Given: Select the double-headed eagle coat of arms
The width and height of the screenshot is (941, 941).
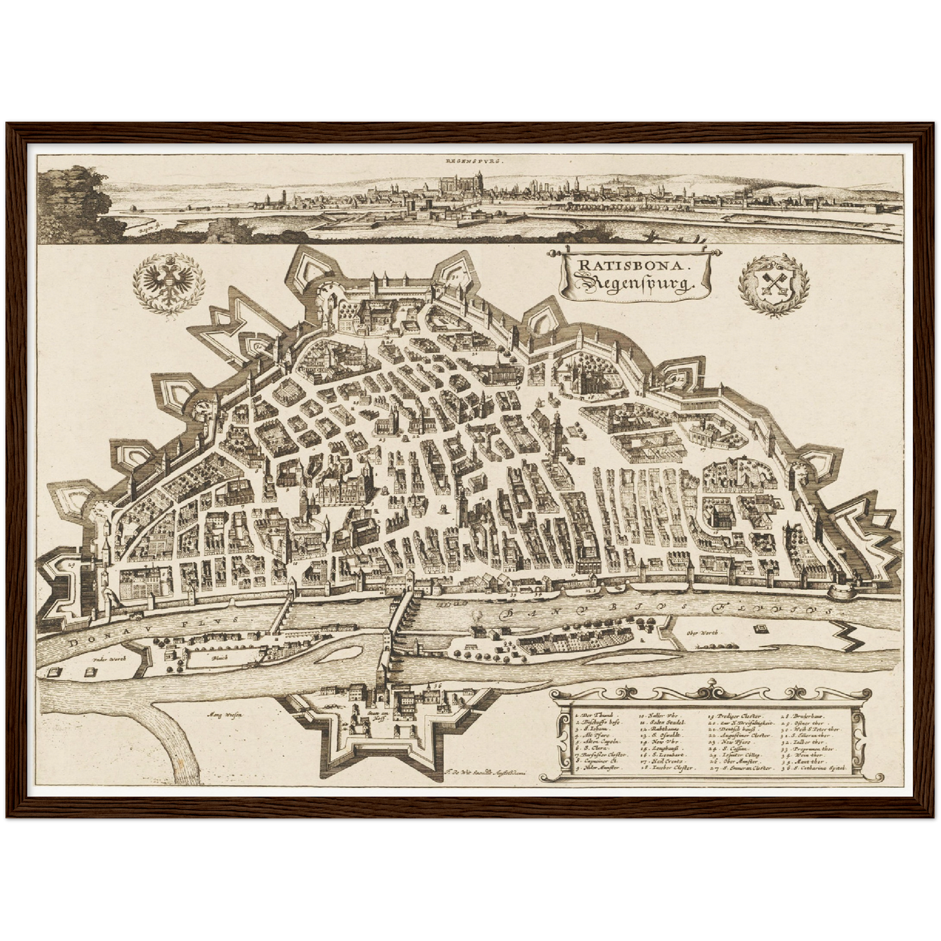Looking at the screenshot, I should coord(169,284).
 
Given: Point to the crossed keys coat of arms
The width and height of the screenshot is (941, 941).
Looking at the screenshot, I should coord(774,285).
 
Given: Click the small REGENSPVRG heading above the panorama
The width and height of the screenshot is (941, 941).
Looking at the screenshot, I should coord(470,159).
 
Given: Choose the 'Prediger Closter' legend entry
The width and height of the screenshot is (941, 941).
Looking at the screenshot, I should coord(736,715).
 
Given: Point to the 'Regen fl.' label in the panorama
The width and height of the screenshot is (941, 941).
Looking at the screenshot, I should coord(140,227).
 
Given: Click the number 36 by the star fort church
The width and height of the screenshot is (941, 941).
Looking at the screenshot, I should coord(437,685).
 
